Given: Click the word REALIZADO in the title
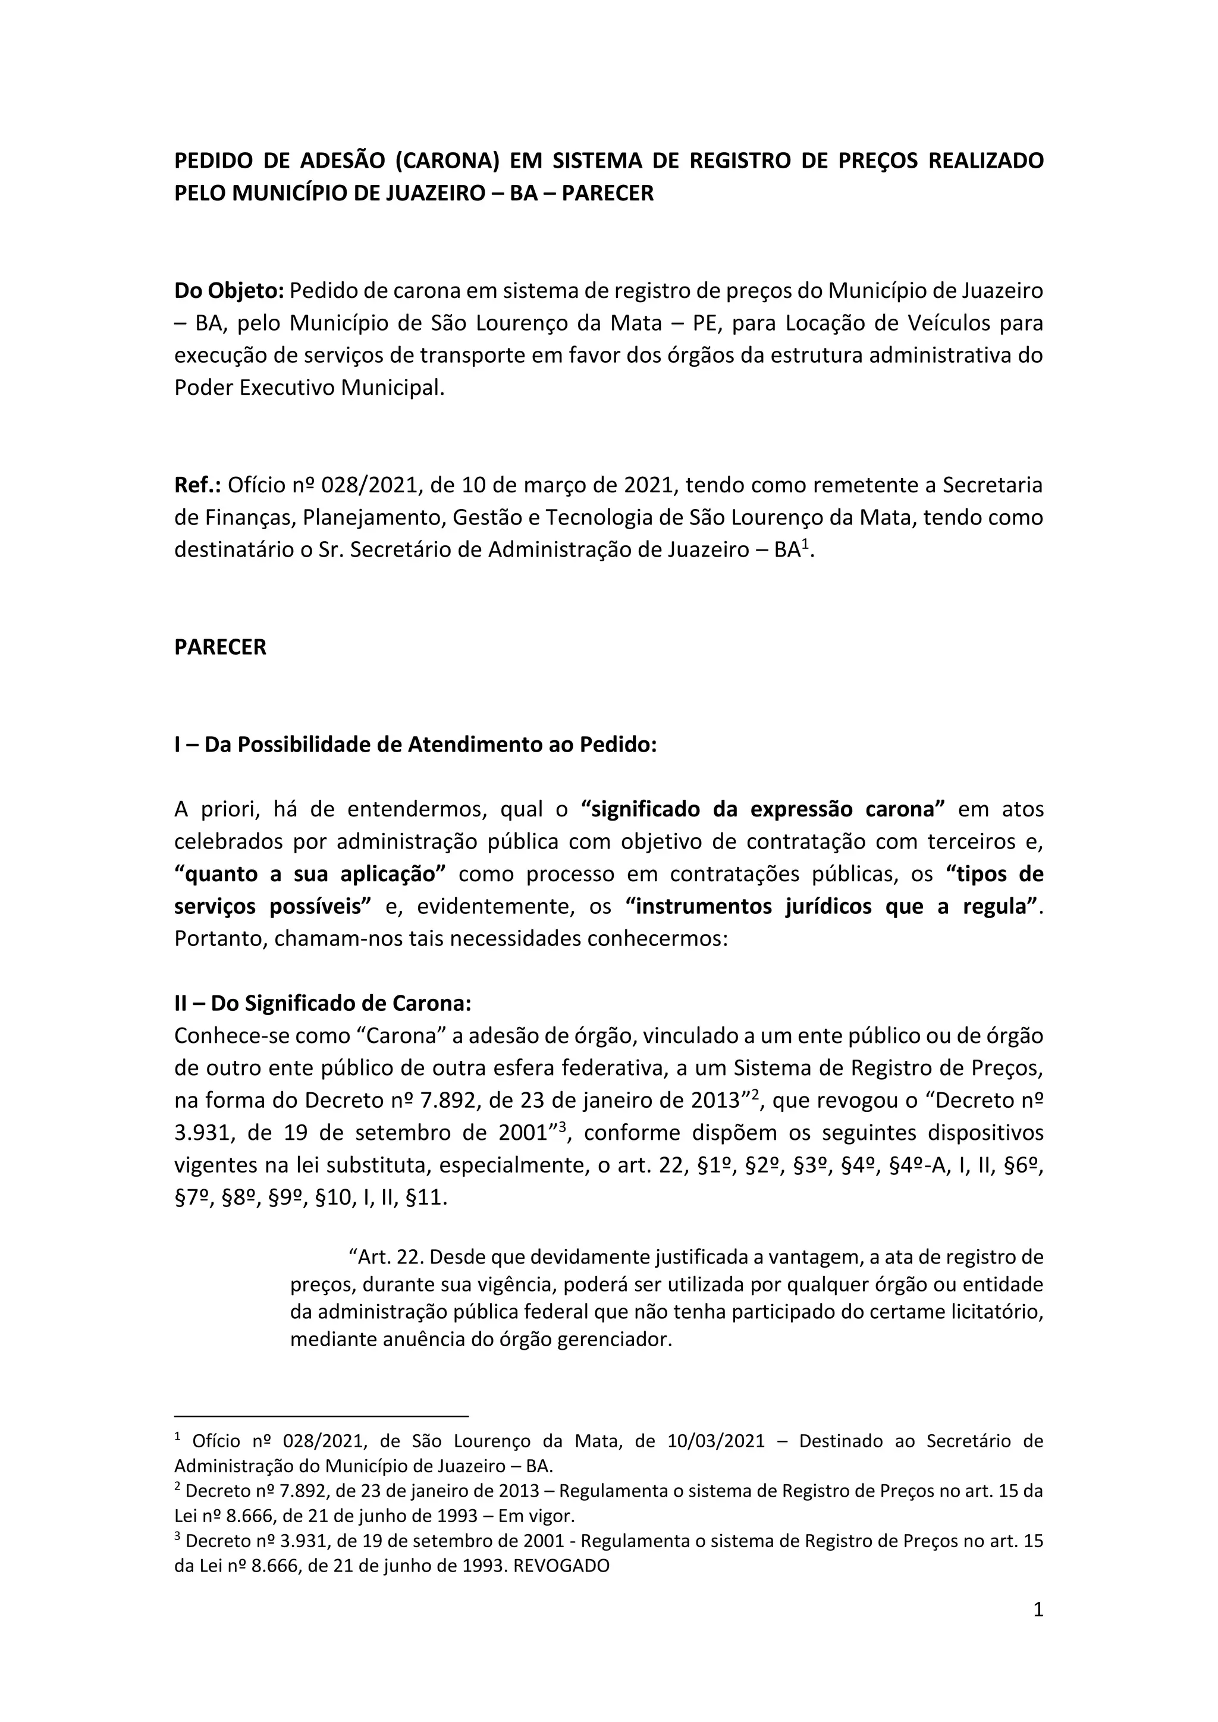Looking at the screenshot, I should click(985, 161).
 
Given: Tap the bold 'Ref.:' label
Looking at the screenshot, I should click(197, 485).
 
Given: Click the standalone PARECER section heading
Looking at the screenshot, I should click(221, 648).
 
